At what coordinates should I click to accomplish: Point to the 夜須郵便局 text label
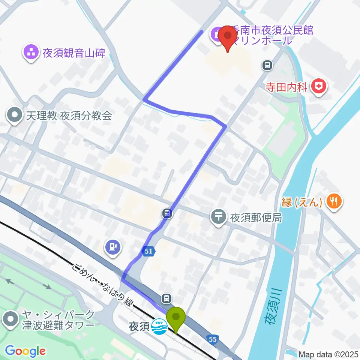pyautogui.click(x=256, y=218)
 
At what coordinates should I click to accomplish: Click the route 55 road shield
pyautogui.click(x=212, y=339)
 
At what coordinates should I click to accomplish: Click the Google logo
pyautogui.click(x=25, y=351)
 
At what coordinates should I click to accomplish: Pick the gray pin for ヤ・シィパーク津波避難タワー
pyautogui.click(x=11, y=319)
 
